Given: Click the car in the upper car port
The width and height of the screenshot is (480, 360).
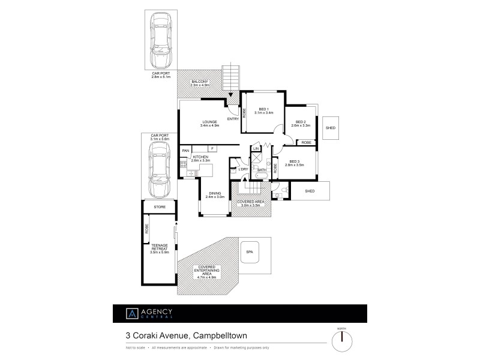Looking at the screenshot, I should pos(160,41).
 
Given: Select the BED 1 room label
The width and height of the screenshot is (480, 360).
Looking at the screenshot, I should pos(264,110).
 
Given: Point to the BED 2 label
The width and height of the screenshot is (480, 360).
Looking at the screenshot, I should pos(300,124).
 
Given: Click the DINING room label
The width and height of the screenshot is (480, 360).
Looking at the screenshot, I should pos(214,194).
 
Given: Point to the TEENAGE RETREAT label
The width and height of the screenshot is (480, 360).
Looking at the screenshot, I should pos(160,248).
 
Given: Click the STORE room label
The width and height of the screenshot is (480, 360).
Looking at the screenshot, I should pos(160,206).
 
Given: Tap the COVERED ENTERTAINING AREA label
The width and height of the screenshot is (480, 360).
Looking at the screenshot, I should pos(206,271).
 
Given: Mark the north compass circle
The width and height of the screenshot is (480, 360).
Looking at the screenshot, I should pos(342,340).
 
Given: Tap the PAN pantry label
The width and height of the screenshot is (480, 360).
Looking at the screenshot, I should pos(186,150).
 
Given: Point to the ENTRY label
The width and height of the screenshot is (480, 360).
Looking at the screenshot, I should pos(233,118).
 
